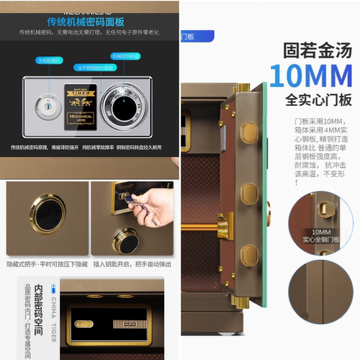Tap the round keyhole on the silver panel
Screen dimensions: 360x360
click(48, 107)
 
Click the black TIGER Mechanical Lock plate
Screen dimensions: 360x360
click(80, 107)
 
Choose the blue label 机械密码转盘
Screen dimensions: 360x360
click(125, 55)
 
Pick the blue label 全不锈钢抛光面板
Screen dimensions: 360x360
click(96, 67)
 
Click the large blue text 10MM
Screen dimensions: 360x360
click(310, 76)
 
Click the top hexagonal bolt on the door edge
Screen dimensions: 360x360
click(249, 132)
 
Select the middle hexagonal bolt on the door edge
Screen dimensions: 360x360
click(249, 194)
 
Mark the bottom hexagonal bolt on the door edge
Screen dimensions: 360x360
click(249, 255)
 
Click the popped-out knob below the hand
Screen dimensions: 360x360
click(126, 240)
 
